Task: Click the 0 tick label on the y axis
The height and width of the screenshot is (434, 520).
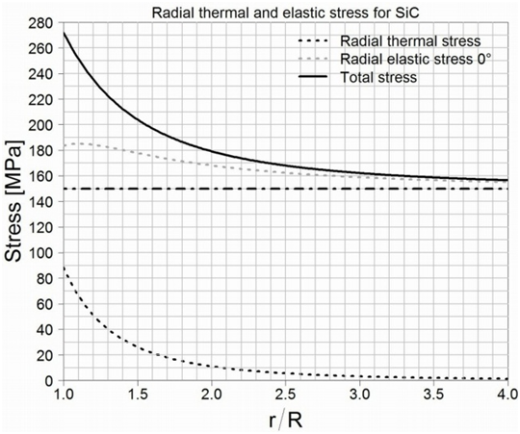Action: pos(48,381)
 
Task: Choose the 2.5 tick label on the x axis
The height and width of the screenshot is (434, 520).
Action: pos(286,396)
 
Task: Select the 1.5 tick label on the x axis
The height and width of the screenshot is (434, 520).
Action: pos(138,396)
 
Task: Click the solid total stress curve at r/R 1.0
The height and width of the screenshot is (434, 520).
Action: pos(65,33)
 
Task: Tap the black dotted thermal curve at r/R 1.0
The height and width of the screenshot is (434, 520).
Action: pos(65,268)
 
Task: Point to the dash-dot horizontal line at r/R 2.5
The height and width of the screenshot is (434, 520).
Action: pos(286,189)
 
